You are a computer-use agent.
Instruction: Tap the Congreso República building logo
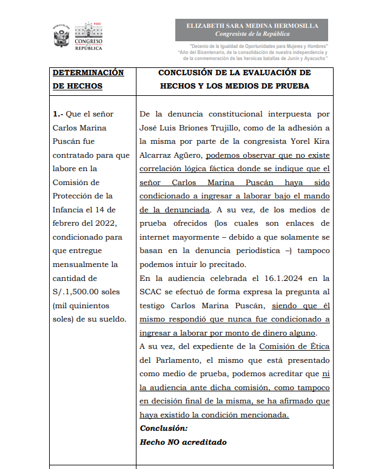[89, 36]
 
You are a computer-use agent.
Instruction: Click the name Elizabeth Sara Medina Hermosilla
[252, 26]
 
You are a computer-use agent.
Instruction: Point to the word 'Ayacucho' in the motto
[313, 59]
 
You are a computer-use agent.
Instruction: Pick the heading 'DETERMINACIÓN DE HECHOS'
[88, 79]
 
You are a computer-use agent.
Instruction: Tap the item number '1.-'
[58, 114]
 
